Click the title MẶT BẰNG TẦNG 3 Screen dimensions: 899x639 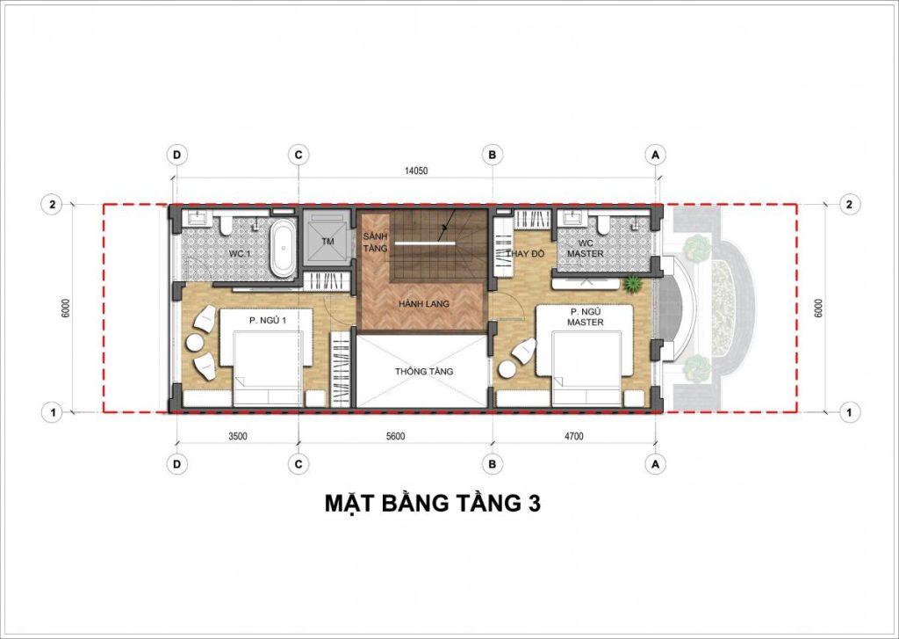[x=433, y=503]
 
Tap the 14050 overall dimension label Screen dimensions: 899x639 [x=416, y=171]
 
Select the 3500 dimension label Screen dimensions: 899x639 [x=237, y=436]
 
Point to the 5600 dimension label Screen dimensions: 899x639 [x=395, y=436]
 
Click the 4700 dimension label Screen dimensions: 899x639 [x=573, y=436]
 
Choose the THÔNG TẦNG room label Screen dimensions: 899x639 [x=424, y=372]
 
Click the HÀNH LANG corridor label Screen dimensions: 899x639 [x=424, y=304]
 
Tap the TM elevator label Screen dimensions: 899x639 [x=328, y=242]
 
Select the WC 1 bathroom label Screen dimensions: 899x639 [x=241, y=253]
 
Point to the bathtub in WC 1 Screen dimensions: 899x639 [x=284, y=249]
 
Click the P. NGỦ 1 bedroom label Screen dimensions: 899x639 [x=267, y=321]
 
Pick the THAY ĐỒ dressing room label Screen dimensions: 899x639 [x=524, y=253]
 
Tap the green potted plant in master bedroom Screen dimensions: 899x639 [x=632, y=283]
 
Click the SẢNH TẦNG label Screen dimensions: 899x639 [x=376, y=243]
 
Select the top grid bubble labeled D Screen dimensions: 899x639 [x=176, y=155]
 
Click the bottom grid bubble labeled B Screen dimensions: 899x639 [x=492, y=464]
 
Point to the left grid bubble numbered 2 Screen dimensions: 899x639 [x=52, y=205]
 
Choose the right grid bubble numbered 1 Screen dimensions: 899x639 [x=850, y=412]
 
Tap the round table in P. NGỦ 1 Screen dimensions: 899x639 [x=194, y=342]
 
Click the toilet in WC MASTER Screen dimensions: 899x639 [x=603, y=224]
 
